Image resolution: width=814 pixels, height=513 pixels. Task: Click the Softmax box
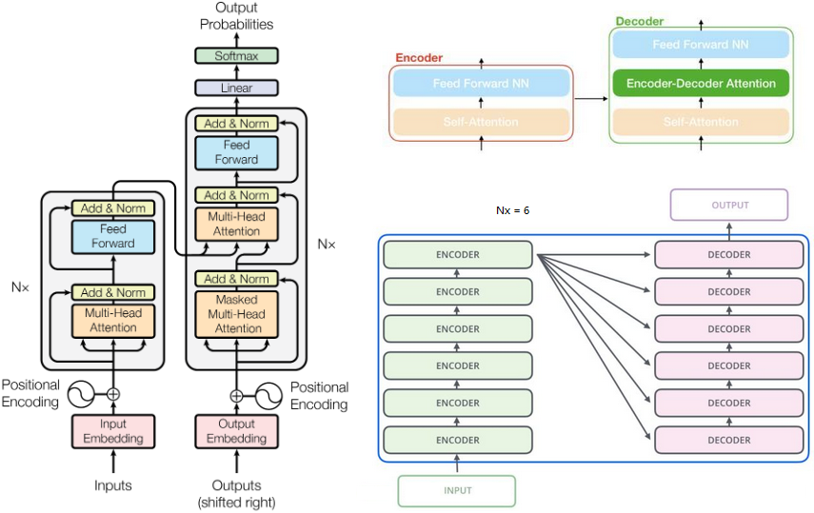tap(235, 56)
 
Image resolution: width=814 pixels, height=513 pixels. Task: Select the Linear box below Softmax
tap(235, 88)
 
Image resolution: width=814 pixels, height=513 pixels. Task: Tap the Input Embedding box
tap(113, 431)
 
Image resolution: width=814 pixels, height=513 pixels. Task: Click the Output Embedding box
tap(236, 431)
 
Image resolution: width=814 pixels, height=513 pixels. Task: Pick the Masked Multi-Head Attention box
tap(236, 314)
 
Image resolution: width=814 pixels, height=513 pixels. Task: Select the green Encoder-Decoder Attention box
tap(701, 84)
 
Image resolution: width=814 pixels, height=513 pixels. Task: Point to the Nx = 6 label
tap(512, 208)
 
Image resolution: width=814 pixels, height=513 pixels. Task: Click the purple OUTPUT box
tap(729, 205)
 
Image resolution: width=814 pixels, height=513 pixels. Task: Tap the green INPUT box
tap(457, 490)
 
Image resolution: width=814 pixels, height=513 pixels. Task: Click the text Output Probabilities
tap(236, 16)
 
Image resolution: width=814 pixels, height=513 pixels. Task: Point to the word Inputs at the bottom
tap(113, 485)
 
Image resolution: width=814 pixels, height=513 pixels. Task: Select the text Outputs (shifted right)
tap(236, 493)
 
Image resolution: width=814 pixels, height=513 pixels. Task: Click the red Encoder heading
tap(418, 58)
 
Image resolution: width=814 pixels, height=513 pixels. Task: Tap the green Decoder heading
tap(640, 21)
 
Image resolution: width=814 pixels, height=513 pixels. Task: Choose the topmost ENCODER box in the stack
tap(457, 255)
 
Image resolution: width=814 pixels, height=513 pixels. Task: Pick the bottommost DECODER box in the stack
tap(729, 440)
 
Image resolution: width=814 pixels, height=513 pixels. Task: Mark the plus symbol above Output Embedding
tap(236, 394)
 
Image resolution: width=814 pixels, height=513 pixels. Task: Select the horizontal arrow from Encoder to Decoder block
tap(590, 98)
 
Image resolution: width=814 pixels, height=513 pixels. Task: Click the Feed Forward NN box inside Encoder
tap(481, 84)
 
